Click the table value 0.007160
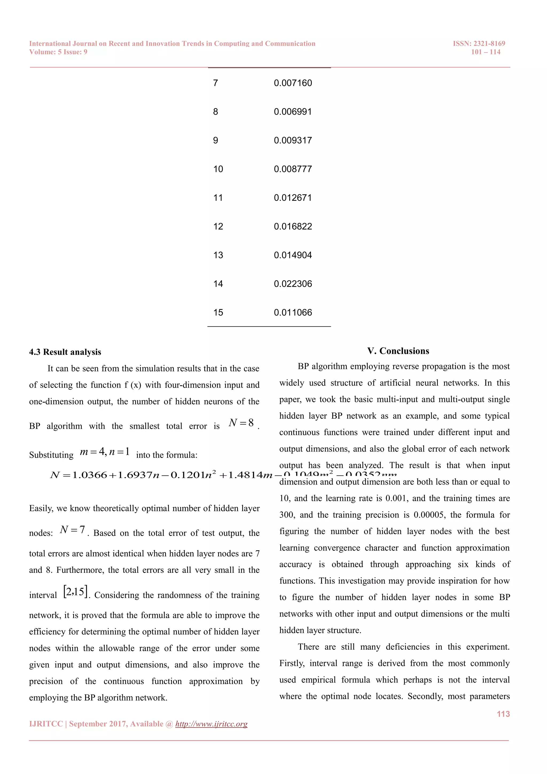293,83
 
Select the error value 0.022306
293,284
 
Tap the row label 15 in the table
218,312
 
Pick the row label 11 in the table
218,198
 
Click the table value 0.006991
293,111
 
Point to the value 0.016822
293,227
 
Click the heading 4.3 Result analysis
65,352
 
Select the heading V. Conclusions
398,351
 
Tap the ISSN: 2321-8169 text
479,44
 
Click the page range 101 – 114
485,52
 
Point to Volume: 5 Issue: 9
58,52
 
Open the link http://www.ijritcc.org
211,724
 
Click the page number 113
503,714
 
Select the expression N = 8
241,423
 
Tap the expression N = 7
72,530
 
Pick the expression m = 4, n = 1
105,452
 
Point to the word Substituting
51,455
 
